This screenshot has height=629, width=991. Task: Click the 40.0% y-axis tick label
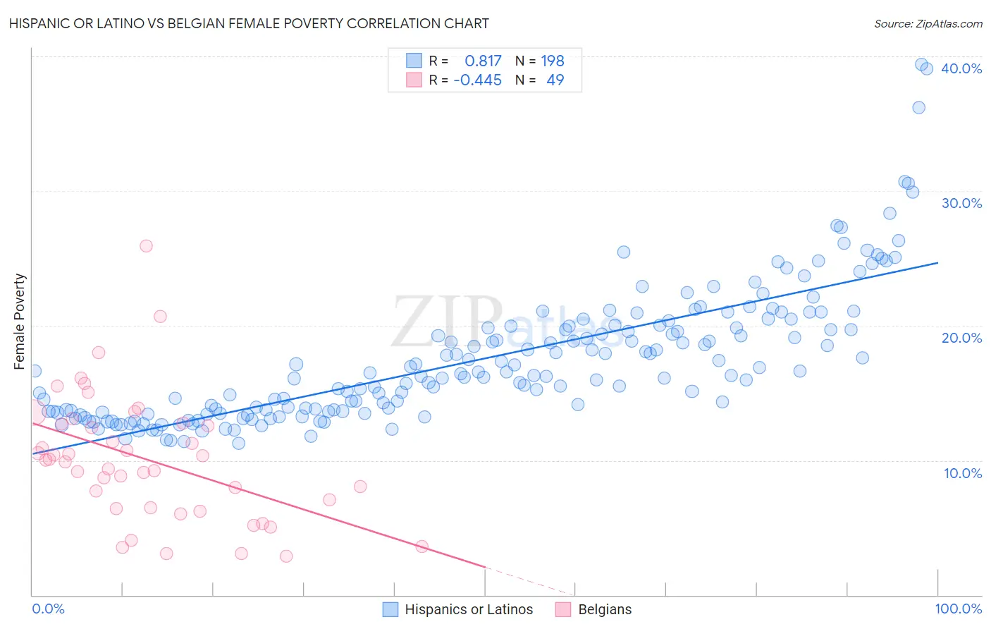(x=961, y=68)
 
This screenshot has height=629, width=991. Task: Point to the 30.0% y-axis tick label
(x=961, y=203)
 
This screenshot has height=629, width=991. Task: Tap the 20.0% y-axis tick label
(x=961, y=338)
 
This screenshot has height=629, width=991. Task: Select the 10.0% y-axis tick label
(x=963, y=473)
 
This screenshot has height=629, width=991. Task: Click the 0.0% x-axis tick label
(x=48, y=609)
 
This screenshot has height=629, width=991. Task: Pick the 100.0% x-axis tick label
(x=959, y=609)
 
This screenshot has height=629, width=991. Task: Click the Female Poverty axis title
(x=19, y=322)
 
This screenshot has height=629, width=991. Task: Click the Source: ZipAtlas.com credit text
(x=928, y=24)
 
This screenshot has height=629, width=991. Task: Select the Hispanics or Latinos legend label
(x=469, y=609)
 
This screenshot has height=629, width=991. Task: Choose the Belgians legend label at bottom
(x=605, y=609)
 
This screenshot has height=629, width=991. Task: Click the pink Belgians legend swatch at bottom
(x=563, y=609)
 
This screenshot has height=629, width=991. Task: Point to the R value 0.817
(x=483, y=61)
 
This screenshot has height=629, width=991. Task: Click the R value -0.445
(x=477, y=80)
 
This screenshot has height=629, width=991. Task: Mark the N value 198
(x=553, y=61)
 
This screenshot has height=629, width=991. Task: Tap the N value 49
(x=555, y=80)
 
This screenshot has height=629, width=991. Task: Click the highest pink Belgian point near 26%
(x=146, y=245)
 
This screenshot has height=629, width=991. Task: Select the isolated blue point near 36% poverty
(x=918, y=107)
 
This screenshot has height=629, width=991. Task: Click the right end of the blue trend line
(x=937, y=262)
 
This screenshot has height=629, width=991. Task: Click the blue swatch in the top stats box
(x=414, y=61)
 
